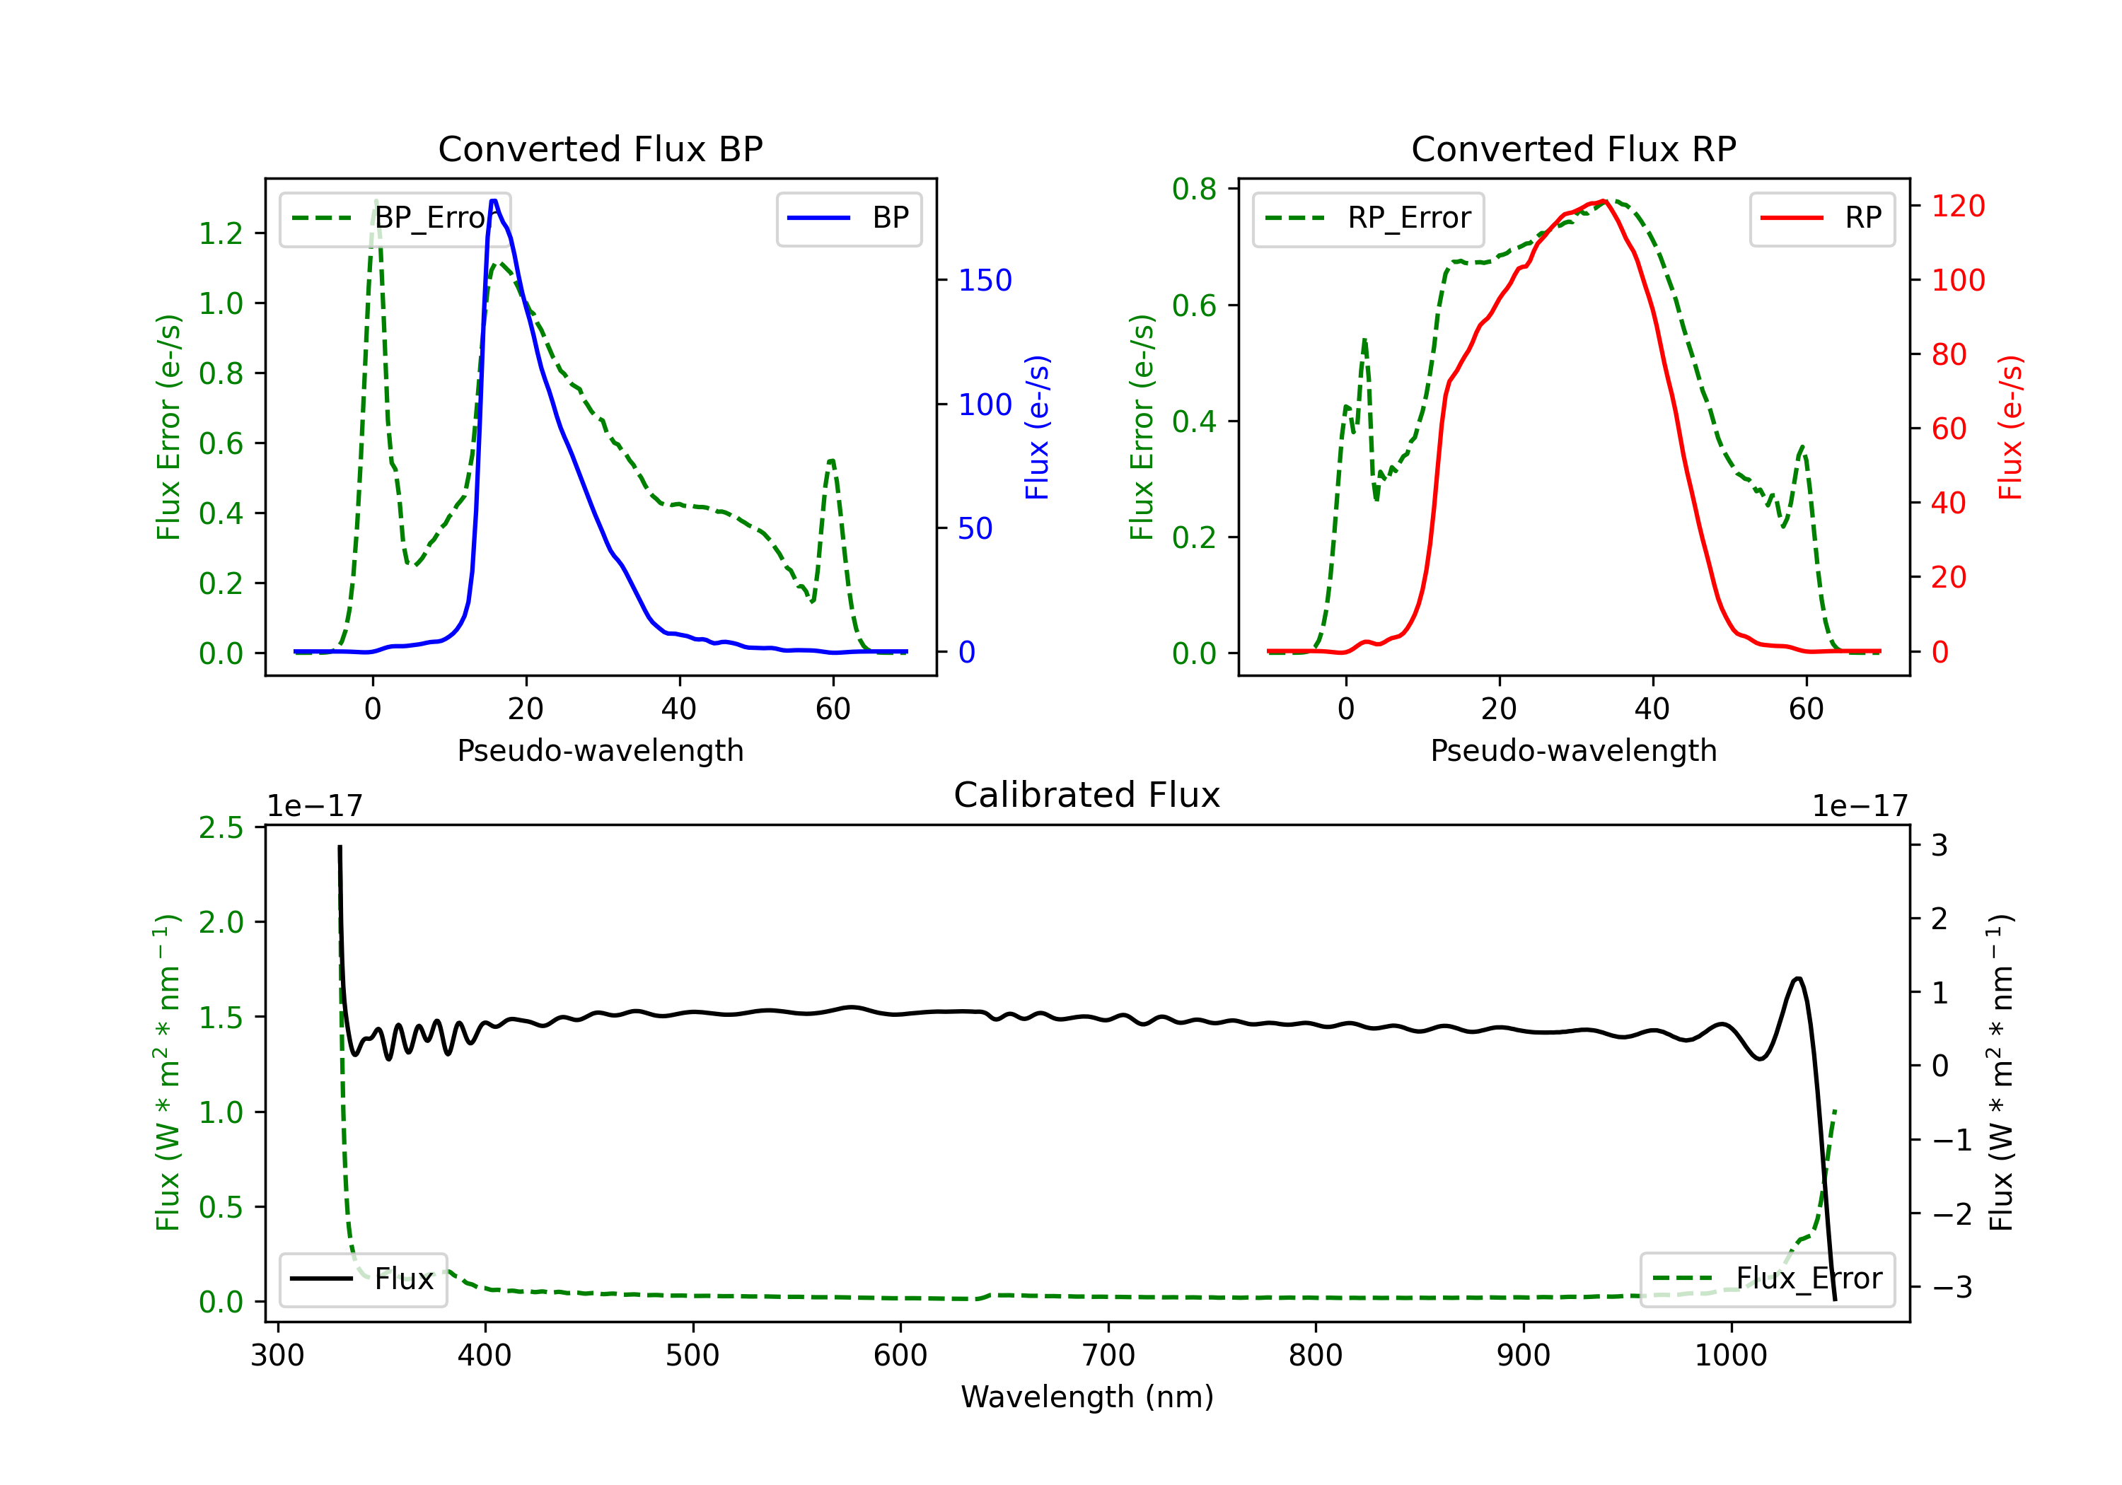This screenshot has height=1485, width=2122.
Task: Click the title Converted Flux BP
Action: coord(600,148)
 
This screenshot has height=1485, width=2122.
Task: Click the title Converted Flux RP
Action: coord(1573,148)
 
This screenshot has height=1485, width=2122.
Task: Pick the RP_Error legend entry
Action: coord(1368,218)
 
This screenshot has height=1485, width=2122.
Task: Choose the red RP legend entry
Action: coord(1821,218)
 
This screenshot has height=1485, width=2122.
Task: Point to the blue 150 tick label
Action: coord(985,280)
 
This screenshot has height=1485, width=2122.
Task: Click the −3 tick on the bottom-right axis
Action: coord(1952,1286)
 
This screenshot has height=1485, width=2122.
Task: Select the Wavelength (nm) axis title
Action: coord(1087,1397)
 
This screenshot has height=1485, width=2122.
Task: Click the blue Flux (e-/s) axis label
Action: coord(1037,427)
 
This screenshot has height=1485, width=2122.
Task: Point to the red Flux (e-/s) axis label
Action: coord(2010,427)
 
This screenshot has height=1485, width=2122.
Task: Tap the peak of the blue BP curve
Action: coord(494,201)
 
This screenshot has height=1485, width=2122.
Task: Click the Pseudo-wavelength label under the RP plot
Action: coord(1573,750)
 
